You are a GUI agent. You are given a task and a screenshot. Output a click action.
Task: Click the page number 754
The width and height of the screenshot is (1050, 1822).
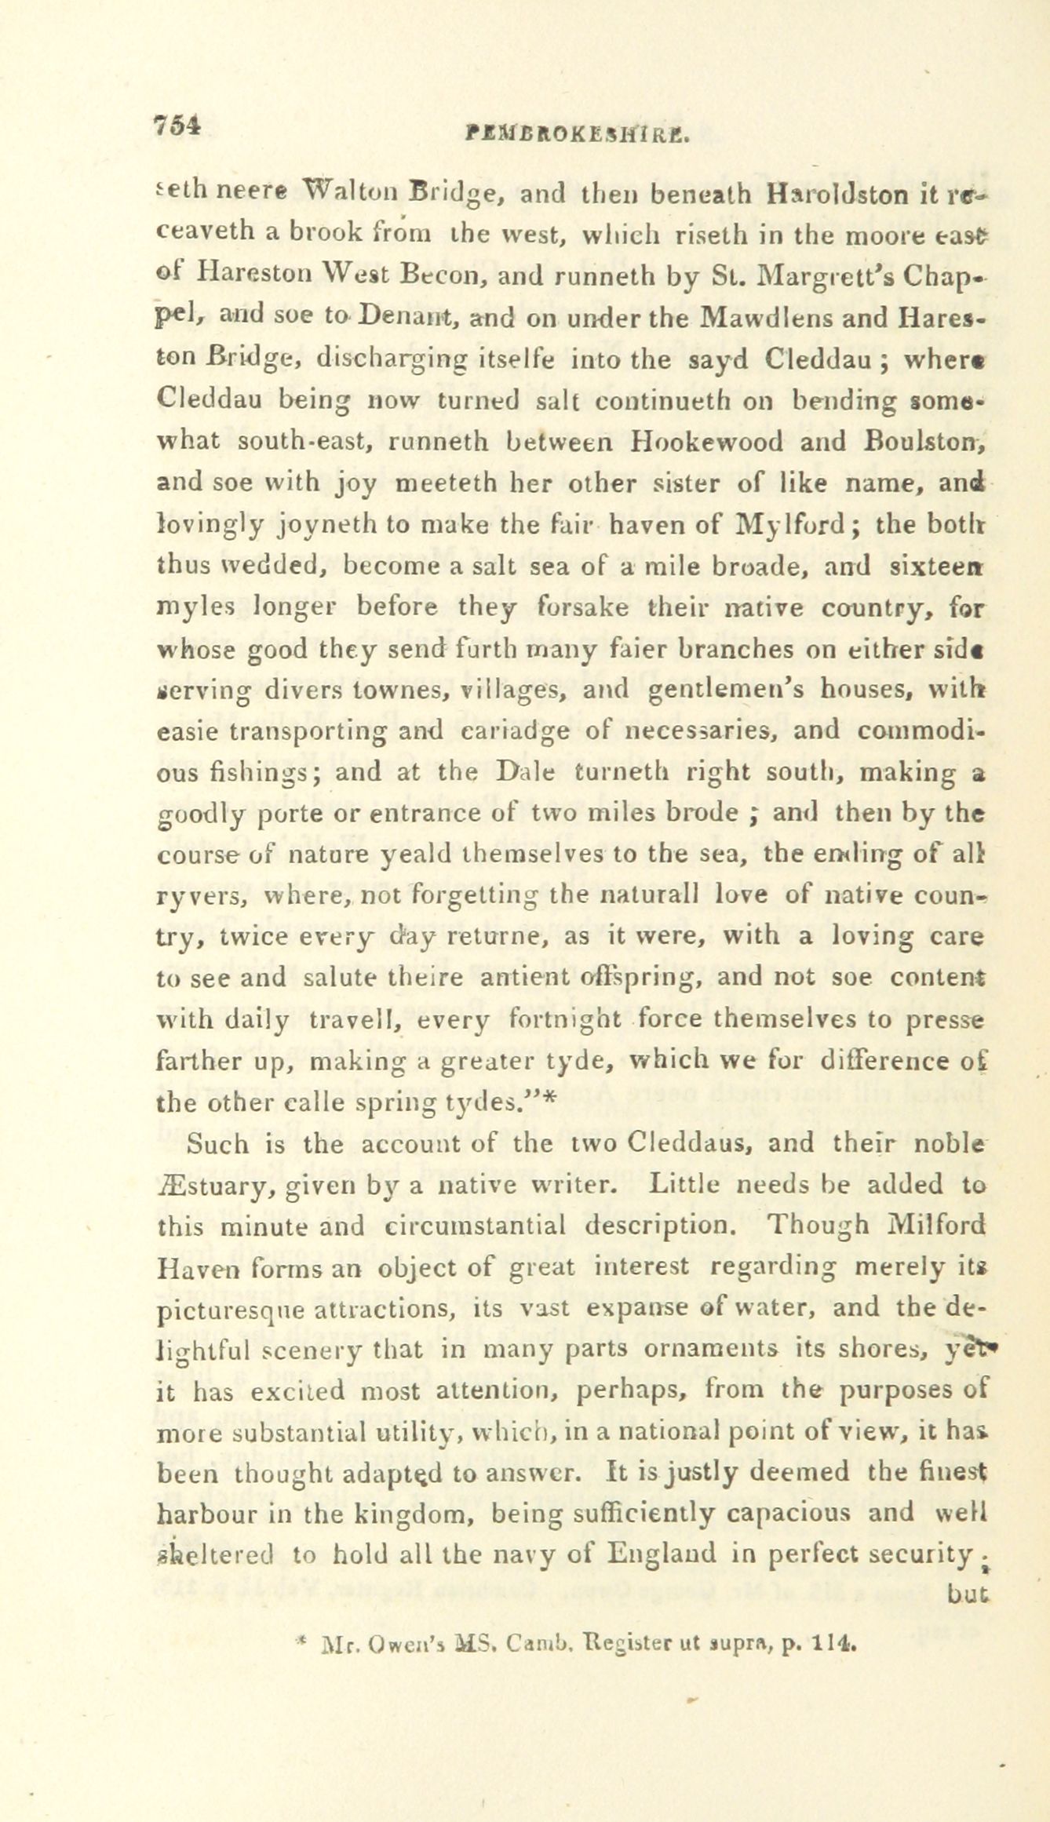179,126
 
